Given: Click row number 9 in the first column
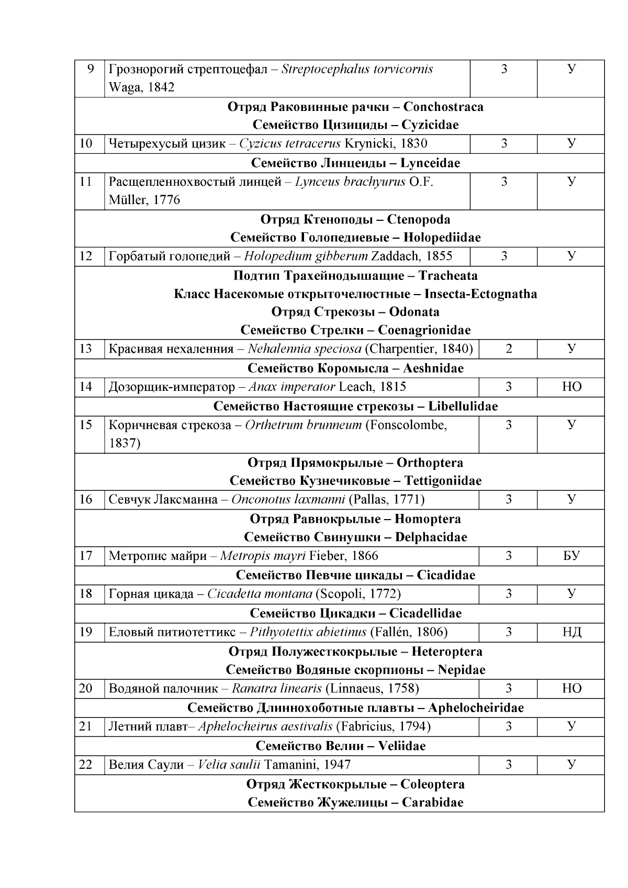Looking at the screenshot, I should [90, 69].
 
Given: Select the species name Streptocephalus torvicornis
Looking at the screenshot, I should [357, 69].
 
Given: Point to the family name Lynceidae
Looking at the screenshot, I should [430, 163].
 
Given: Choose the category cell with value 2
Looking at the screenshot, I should [508, 349].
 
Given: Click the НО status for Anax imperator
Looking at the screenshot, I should [571, 387].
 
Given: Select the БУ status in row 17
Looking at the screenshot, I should [571, 556].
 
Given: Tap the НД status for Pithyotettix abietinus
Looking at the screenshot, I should [571, 632].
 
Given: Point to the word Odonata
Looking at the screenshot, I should [419, 312].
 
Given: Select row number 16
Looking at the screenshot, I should [85, 499].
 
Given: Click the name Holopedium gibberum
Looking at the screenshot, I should [306, 256].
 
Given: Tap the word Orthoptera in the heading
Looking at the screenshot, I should [430, 463].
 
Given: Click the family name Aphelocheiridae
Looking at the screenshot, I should [476, 708].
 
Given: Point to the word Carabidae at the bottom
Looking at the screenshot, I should [432, 802].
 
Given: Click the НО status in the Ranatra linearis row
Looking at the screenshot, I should [571, 688].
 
